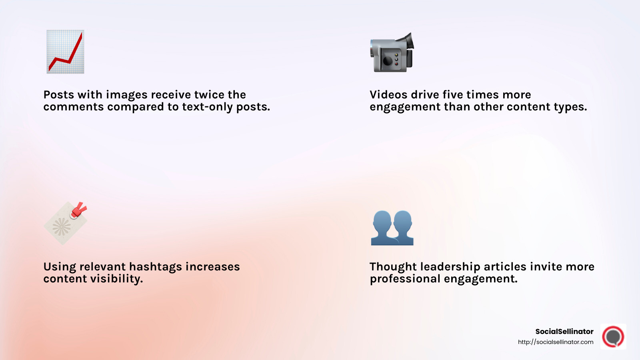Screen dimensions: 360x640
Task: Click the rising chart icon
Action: [x=65, y=52]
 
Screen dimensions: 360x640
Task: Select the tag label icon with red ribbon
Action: [x=65, y=223]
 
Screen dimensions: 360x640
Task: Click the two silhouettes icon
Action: [x=392, y=228]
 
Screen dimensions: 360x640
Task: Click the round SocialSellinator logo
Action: [x=613, y=336]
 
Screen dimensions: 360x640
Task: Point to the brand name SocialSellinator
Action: [x=564, y=331]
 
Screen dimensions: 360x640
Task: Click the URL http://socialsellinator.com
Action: [x=555, y=342]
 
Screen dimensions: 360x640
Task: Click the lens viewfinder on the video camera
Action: [x=408, y=40]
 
